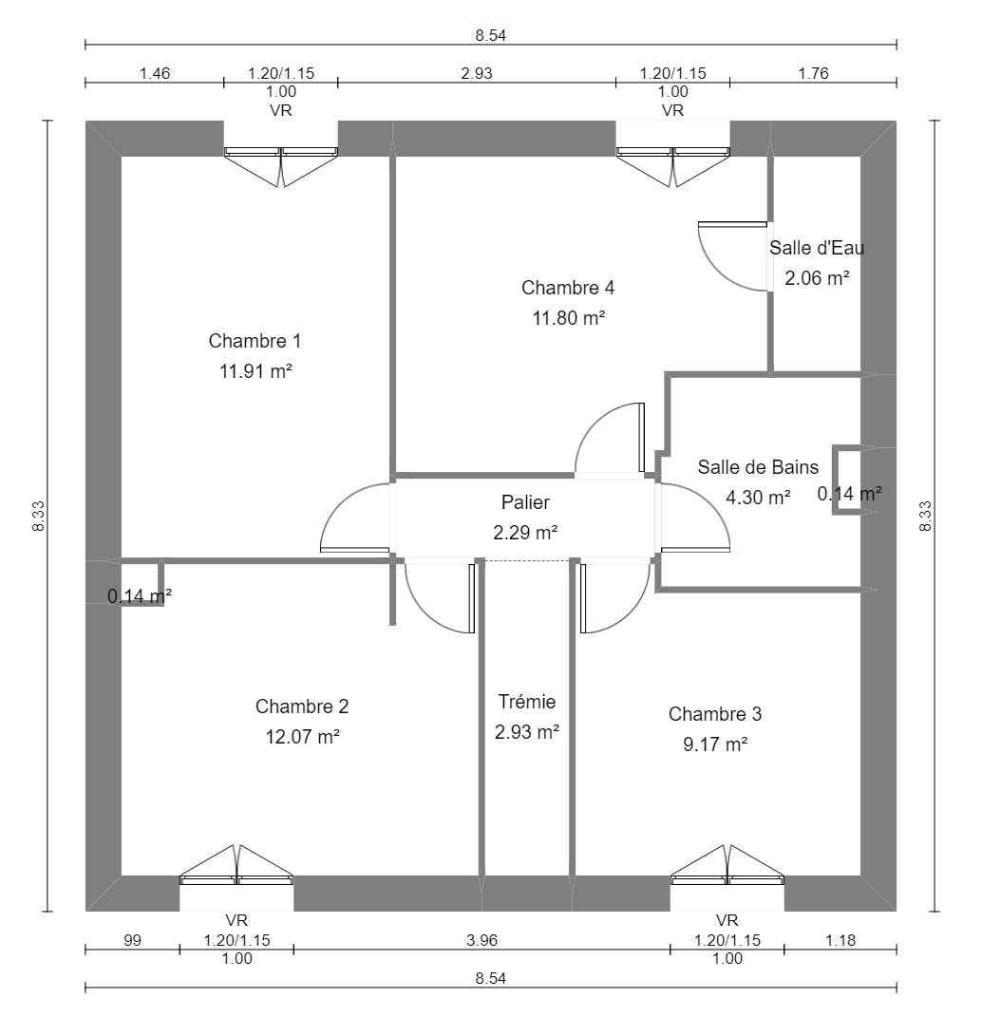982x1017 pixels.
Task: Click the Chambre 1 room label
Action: pyautogui.click(x=255, y=341)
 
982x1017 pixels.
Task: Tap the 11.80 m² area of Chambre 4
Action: pyautogui.click(x=569, y=318)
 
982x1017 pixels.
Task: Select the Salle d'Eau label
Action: pyautogui.click(x=817, y=248)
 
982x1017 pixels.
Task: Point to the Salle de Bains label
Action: pyautogui.click(x=758, y=466)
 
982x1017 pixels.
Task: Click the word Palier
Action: pyautogui.click(x=525, y=502)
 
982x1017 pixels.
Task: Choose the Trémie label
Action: pyautogui.click(x=527, y=702)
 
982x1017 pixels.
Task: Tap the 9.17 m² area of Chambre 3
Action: pyautogui.click(x=715, y=744)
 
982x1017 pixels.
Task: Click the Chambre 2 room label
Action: pyautogui.click(x=302, y=706)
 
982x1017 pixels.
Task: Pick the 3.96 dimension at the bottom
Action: pyautogui.click(x=482, y=941)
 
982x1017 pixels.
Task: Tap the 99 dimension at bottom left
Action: pyautogui.click(x=132, y=941)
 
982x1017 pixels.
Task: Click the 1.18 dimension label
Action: pyautogui.click(x=840, y=941)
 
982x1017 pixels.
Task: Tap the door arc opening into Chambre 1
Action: pyautogui.click(x=353, y=518)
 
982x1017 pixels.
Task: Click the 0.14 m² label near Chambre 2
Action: pyautogui.click(x=139, y=596)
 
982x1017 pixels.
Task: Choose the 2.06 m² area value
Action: pyautogui.click(x=817, y=278)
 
